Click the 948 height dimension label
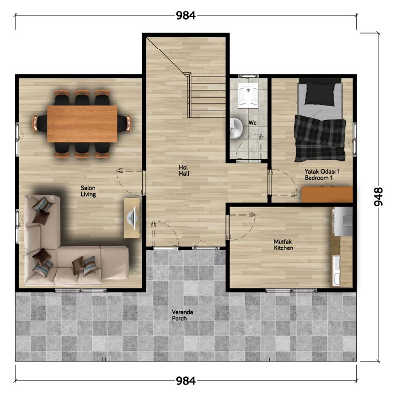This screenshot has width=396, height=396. click(378, 196)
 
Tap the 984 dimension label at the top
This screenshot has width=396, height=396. click(186, 16)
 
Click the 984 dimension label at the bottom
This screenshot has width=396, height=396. click(186, 381)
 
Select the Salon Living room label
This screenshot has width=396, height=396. click(88, 191)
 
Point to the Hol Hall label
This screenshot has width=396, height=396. click(184, 171)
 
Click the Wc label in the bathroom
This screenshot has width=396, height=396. click(252, 123)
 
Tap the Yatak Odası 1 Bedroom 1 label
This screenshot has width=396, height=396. click(322, 175)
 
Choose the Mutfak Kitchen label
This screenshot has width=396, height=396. click(283, 245)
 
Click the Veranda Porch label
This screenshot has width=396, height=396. click(182, 315)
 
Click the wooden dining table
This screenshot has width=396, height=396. click(82, 124)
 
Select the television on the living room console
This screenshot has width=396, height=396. click(132, 218)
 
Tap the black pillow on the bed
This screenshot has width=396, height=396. click(320, 94)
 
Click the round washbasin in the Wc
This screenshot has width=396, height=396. click(236, 128)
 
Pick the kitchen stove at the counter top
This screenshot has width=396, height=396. click(343, 221)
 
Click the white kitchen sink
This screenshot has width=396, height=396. click(336, 271)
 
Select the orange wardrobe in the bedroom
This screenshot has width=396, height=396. click(327, 194)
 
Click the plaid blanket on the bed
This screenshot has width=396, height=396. click(320, 139)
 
